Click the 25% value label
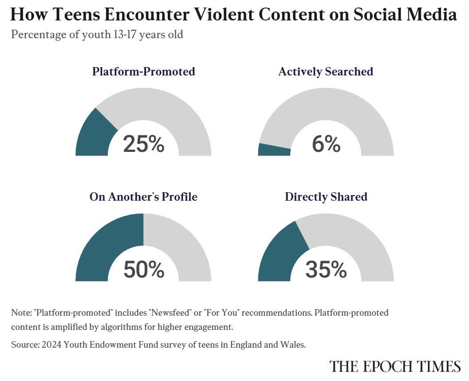click(x=143, y=144)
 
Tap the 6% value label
click(x=326, y=144)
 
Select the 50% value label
click(x=143, y=270)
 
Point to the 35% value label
click(x=326, y=270)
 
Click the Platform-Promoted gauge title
click(x=143, y=71)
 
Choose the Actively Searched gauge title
click(x=326, y=71)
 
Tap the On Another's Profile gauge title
click(x=143, y=197)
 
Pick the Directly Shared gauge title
click(x=326, y=197)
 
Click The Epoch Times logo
click(x=395, y=366)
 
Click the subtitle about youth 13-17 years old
click(x=97, y=34)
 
